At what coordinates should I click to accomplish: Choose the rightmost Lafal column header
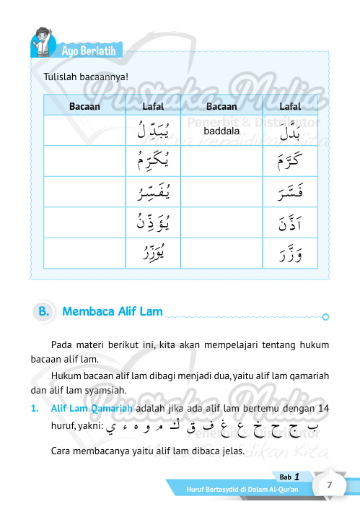pos(290,106)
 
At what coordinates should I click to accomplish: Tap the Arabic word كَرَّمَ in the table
pos(290,161)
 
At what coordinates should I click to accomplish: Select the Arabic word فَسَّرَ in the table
pos(289,192)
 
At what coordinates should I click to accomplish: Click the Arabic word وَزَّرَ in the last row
pos(289,253)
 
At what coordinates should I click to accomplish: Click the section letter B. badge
pos(45,312)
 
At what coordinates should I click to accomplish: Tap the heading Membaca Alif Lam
pos(112,312)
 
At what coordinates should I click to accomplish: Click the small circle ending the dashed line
pos(325,316)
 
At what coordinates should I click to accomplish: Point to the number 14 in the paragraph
pos(324,408)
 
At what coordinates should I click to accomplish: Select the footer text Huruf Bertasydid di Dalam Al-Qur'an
pos(239,490)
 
